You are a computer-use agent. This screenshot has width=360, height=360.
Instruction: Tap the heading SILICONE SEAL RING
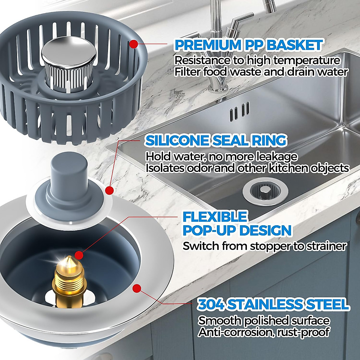pyautogui.click(x=216, y=140)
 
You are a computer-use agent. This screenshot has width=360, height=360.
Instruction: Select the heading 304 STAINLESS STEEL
pyautogui.click(x=273, y=304)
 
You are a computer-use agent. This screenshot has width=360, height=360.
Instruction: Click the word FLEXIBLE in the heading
pyautogui.click(x=215, y=217)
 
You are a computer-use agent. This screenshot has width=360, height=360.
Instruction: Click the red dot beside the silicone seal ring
pyautogui.click(x=109, y=190)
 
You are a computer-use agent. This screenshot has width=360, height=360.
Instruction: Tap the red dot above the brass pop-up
pyautogui.click(x=79, y=255)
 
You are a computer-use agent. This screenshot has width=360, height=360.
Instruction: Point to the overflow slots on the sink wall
pyautogui.click(x=239, y=112)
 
